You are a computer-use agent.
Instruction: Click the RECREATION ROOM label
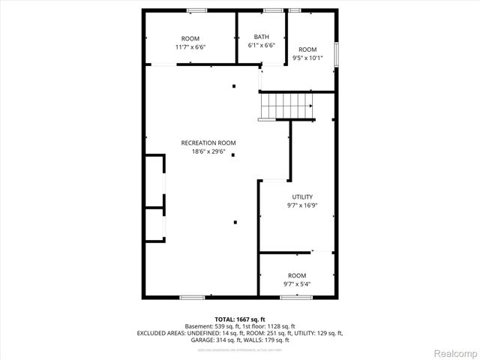208,142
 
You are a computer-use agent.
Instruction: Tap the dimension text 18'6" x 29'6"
208,151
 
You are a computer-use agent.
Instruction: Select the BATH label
261,37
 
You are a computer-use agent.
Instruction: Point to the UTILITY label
292,197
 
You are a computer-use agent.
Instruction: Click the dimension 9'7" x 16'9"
292,205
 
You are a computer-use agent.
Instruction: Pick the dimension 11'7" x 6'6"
190,46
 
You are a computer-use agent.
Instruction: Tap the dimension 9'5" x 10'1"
307,58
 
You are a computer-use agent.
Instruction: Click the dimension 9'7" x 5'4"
297,284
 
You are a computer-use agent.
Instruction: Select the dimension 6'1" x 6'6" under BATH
261,45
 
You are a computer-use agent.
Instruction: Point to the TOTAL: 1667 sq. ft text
240,319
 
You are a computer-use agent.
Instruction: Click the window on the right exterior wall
337,55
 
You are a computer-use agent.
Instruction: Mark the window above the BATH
273,10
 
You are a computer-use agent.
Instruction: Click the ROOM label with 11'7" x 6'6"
190,38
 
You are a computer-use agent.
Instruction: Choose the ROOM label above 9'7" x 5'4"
297,275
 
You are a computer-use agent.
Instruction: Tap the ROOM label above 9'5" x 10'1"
307,49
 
